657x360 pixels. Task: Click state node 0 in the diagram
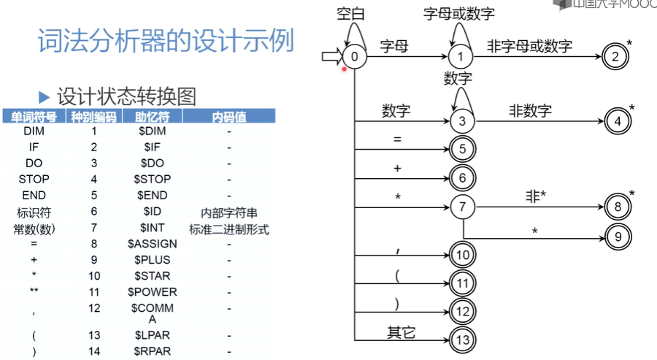pyautogui.click(x=355, y=56)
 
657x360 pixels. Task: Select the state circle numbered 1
pyautogui.click(x=461, y=56)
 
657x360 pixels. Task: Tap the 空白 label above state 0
pyautogui.click(x=350, y=14)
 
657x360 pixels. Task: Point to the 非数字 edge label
pyautogui.click(x=530, y=111)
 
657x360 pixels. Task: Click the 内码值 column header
pyautogui.click(x=228, y=117)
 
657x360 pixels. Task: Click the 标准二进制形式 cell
pyautogui.click(x=229, y=229)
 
